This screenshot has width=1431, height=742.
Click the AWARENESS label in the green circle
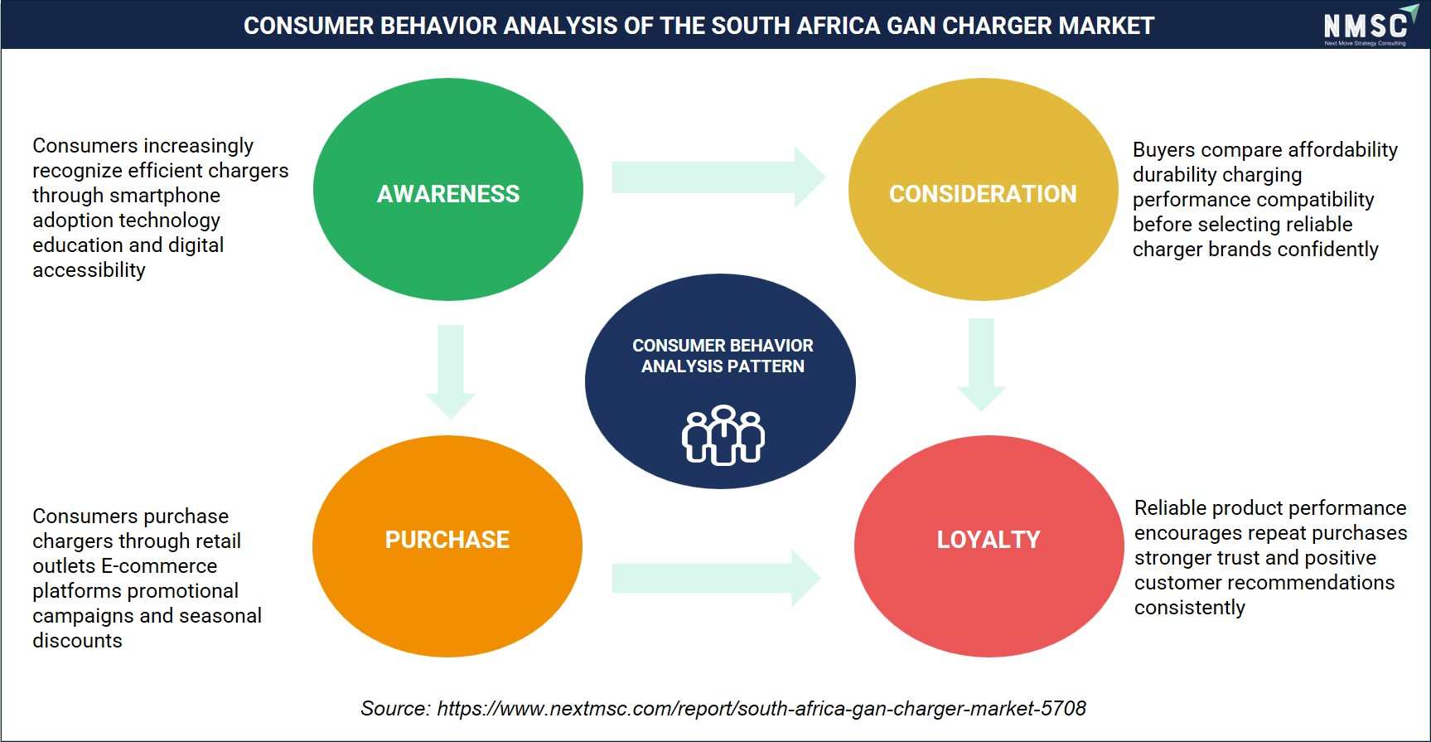[x=448, y=194]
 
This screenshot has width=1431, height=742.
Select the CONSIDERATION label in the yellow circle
[x=983, y=194]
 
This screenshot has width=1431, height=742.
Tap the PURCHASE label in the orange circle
[x=447, y=540]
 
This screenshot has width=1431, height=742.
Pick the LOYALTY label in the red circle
[x=989, y=540]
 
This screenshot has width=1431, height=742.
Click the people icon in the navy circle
[x=723, y=434]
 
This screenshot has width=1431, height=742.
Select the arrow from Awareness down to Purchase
[x=451, y=371]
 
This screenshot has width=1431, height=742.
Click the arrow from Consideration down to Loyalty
[x=981, y=365]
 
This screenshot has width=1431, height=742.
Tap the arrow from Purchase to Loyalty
[x=717, y=578]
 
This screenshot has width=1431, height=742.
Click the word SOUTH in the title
[x=752, y=26]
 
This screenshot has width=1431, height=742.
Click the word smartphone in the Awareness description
[x=173, y=196]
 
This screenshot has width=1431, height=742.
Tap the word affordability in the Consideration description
[x=1342, y=150]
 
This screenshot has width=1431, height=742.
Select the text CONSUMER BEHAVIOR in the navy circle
[x=723, y=346]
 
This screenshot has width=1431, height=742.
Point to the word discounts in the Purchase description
[x=77, y=641]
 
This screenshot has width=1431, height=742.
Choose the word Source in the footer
[x=395, y=709]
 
